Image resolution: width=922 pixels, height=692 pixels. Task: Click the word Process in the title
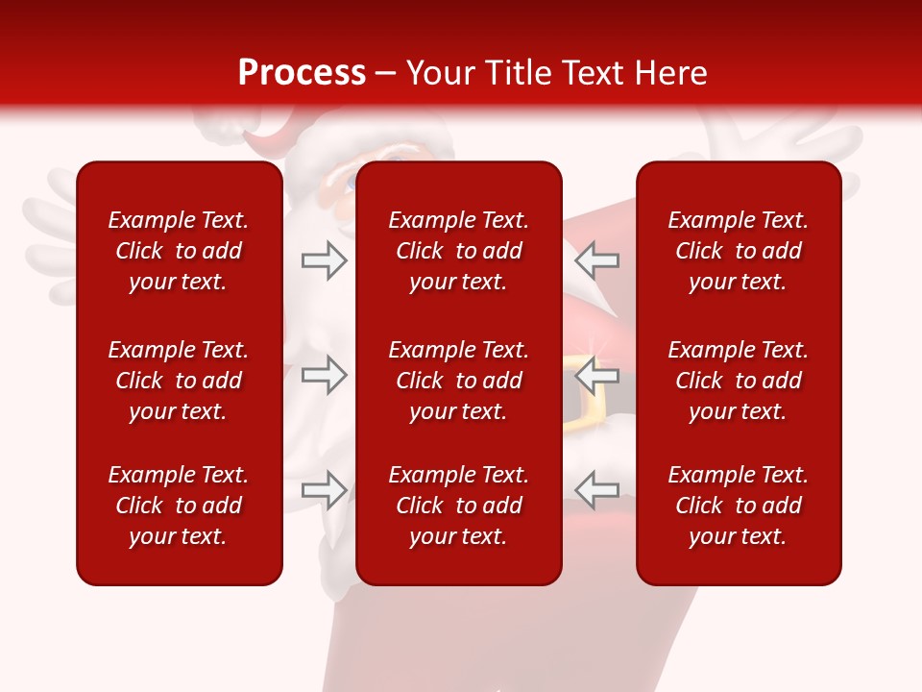click(x=302, y=73)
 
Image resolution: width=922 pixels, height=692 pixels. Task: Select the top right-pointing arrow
click(x=324, y=260)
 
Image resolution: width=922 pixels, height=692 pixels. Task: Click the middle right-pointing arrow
click(x=324, y=375)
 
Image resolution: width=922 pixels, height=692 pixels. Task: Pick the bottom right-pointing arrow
click(x=324, y=490)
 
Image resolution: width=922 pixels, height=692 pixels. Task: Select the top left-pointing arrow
click(x=596, y=260)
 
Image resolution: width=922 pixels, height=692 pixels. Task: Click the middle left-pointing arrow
click(x=596, y=375)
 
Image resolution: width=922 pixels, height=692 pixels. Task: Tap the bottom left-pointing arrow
click(x=596, y=490)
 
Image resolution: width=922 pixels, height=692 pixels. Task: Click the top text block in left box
click(x=179, y=251)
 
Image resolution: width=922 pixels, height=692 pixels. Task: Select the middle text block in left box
click(x=179, y=381)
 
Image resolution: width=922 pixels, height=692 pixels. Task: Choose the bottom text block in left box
click(x=179, y=506)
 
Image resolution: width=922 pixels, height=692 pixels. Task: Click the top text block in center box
click(x=458, y=251)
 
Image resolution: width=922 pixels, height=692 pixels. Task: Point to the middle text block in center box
click(x=458, y=381)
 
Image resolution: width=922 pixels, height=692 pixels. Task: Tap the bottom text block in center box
click(x=458, y=506)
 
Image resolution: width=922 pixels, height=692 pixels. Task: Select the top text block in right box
click(x=738, y=251)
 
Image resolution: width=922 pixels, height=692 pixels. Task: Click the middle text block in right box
click(x=738, y=381)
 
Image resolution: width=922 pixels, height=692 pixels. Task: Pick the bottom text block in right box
click(x=738, y=506)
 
